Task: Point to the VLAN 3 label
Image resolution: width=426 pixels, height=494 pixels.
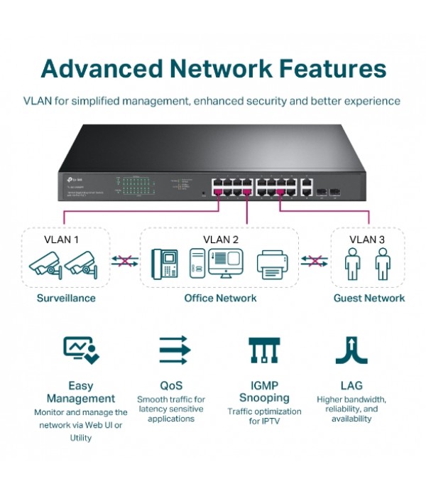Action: (368, 240)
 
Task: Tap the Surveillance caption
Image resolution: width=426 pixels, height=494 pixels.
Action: (66, 298)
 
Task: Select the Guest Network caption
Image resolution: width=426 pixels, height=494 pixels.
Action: (369, 298)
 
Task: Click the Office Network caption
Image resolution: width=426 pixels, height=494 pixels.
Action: (220, 298)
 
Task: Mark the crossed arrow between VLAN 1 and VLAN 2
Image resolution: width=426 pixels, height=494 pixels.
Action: (124, 262)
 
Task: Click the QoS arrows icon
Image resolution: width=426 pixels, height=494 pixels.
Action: (175, 350)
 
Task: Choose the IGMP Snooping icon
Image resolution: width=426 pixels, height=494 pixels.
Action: (263, 350)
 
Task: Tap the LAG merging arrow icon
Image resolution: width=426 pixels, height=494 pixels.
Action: (351, 350)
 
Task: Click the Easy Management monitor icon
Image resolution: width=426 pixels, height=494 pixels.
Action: (81, 350)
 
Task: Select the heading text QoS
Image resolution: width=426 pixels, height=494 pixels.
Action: (171, 386)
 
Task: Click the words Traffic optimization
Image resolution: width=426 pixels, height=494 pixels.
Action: (263, 412)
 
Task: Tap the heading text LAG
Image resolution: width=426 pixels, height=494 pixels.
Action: (351, 386)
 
